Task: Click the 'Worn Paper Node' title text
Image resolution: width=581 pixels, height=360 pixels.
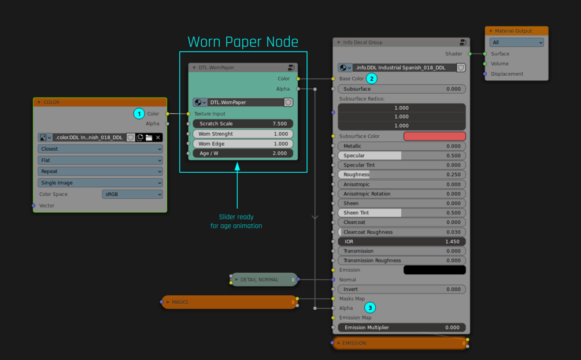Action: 243,42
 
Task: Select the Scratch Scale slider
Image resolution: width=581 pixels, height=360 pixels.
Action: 243,124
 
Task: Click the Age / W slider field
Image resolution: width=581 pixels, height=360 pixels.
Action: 243,153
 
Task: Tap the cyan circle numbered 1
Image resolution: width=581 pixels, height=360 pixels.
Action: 139,114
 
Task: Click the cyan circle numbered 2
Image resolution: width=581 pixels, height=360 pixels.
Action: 372,79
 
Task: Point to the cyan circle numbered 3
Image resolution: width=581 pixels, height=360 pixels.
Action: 370,308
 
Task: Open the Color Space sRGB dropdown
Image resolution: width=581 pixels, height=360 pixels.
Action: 132,194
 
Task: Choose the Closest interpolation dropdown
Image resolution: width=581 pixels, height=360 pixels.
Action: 100,149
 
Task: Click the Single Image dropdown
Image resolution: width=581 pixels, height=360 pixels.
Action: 100,183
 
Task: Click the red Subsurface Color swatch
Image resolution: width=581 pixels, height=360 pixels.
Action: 435,136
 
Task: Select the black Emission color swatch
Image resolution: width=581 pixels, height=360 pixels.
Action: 435,270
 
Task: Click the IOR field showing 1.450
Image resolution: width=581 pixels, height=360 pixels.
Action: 402,242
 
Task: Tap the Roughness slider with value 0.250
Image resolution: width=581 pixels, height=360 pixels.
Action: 402,175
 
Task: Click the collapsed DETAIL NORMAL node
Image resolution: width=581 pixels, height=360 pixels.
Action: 264,280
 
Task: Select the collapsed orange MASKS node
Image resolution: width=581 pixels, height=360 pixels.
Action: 230,302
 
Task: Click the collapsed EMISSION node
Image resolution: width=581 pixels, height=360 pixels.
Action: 400,343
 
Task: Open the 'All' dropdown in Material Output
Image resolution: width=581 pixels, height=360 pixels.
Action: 516,43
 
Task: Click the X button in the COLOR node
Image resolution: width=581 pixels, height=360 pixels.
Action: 158,138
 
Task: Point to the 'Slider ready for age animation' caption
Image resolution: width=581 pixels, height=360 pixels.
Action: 236,221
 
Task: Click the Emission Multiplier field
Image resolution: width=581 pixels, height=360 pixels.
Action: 402,328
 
